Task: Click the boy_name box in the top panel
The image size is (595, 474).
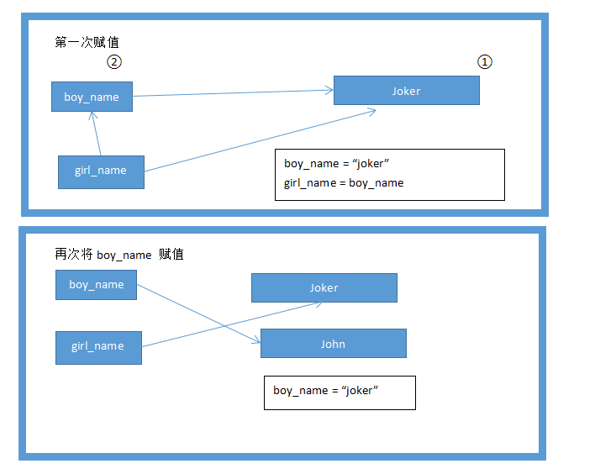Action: click(x=92, y=97)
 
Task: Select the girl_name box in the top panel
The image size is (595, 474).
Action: click(x=101, y=171)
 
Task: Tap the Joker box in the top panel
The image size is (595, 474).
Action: click(x=406, y=91)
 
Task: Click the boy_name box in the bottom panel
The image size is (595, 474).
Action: click(x=96, y=285)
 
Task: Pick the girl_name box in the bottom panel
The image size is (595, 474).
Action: click(x=97, y=346)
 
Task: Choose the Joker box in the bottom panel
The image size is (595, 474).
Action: click(x=324, y=287)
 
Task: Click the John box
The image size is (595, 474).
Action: click(x=333, y=343)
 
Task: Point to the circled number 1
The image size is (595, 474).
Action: click(x=484, y=61)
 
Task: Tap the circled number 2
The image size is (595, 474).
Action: click(x=114, y=61)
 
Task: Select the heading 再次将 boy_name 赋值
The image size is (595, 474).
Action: click(x=118, y=254)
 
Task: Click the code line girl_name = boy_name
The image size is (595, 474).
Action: click(x=344, y=182)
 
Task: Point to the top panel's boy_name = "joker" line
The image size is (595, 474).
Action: click(x=336, y=163)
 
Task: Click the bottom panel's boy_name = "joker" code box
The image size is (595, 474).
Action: click(x=340, y=392)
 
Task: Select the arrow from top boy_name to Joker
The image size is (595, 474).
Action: click(x=231, y=93)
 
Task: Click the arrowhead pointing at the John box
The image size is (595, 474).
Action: click(x=255, y=340)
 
